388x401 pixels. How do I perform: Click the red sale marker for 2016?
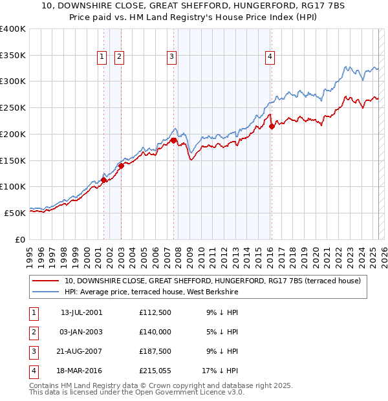[272, 127]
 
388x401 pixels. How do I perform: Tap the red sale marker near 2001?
[103, 180]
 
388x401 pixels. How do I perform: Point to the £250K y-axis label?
[13, 108]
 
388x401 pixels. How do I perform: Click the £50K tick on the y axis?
[16, 213]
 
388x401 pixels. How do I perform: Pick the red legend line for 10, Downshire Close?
[45, 281]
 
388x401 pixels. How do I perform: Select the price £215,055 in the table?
[155, 370]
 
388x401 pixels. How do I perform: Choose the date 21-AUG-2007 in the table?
[81, 351]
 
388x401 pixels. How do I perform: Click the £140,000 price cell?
[155, 332]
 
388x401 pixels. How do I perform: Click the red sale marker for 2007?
[174, 140]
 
